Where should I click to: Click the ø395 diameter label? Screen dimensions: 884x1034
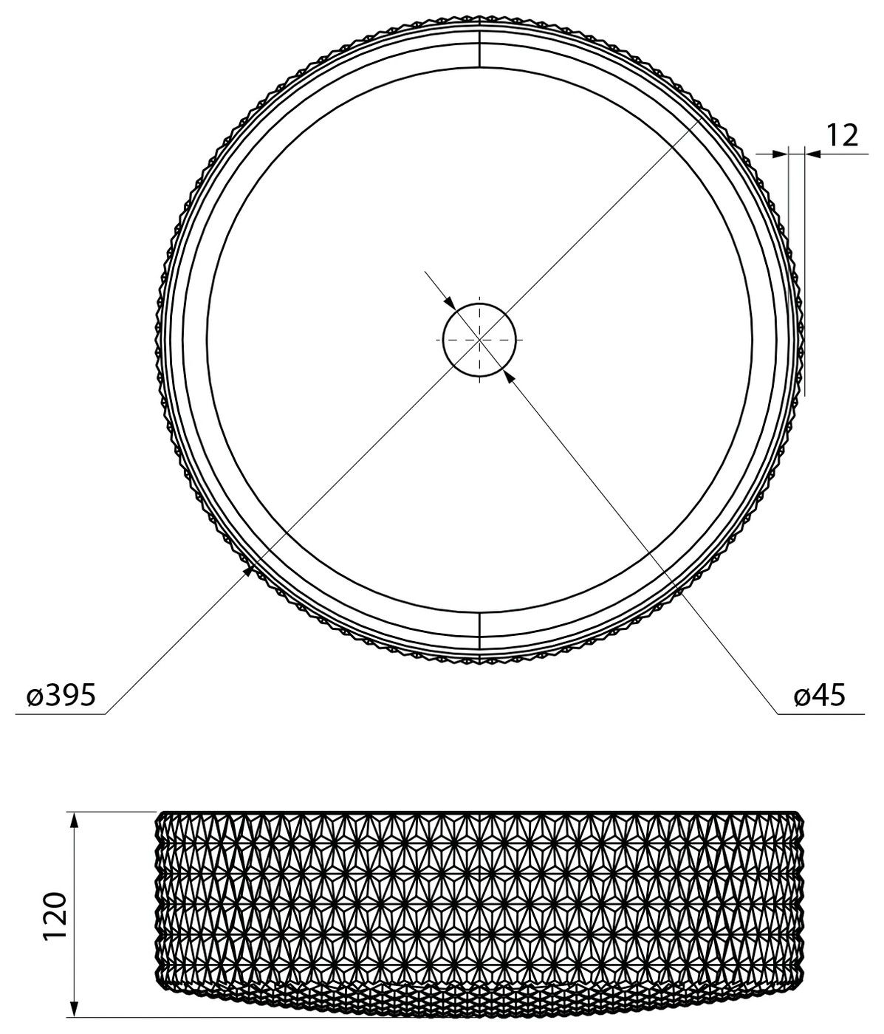tap(61, 695)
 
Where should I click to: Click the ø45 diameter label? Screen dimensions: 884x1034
tap(820, 695)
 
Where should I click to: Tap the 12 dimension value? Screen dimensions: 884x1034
tap(841, 135)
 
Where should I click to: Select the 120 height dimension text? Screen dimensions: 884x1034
tap(55, 894)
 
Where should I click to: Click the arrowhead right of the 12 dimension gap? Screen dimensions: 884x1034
tap(813, 154)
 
